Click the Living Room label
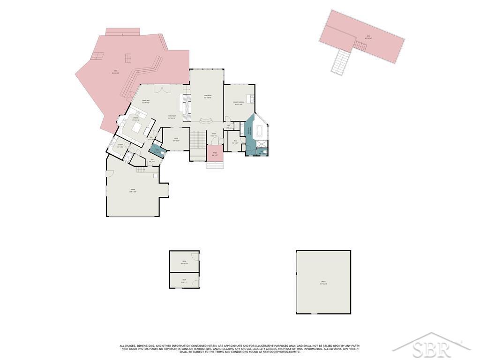tap(207, 97)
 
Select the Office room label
tap(176, 139)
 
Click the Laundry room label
tap(120, 146)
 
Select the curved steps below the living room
tap(207, 121)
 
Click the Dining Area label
tap(146, 102)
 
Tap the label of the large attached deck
tap(115, 72)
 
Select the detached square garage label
tap(323, 283)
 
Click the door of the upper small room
tap(198, 257)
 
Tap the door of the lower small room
tap(198, 281)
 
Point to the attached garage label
tap(133, 191)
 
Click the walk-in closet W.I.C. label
tap(235, 142)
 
